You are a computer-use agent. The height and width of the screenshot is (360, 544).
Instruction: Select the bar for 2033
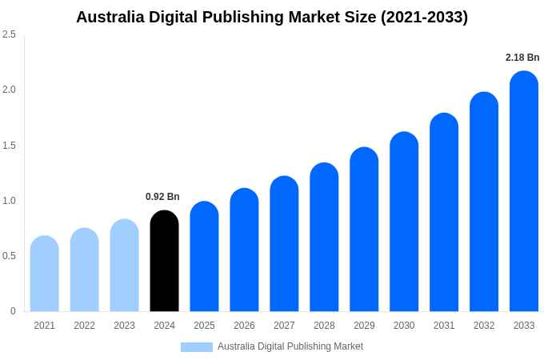[x=524, y=191]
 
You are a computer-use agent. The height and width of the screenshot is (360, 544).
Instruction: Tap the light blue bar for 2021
[x=44, y=274]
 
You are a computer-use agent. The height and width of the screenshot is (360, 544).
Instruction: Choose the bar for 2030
[x=404, y=222]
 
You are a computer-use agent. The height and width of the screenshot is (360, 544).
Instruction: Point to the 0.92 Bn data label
[x=162, y=197]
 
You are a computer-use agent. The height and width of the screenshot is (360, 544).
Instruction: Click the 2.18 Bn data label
[x=522, y=58]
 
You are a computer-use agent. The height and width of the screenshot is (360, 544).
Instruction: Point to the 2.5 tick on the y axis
[x=9, y=34]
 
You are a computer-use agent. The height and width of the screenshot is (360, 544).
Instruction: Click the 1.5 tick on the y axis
[x=9, y=146]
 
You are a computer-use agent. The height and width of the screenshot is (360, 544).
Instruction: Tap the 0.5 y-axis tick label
[x=9, y=256]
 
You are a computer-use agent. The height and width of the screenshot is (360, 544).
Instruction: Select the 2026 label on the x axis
[x=244, y=326]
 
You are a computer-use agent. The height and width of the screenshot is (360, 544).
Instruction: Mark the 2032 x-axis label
[x=484, y=326]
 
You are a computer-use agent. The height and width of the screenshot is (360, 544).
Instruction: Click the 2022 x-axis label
[x=84, y=326]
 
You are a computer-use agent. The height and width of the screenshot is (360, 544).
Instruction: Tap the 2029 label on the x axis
[x=364, y=326]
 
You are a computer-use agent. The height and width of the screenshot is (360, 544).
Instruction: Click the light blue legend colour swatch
[x=197, y=347]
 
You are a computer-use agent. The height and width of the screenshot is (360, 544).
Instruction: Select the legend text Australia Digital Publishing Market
[x=290, y=346]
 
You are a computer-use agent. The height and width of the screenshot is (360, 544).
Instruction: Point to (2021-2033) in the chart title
[x=424, y=17]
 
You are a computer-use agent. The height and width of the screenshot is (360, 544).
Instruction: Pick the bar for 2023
[x=124, y=266]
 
